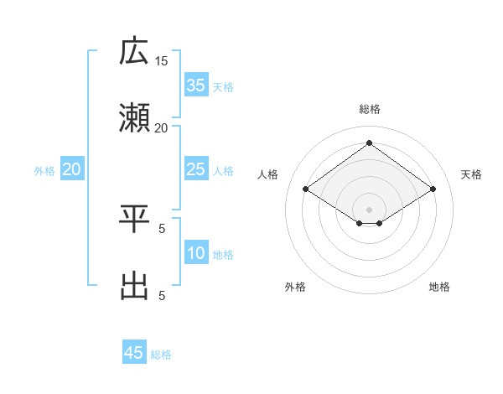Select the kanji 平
(x=134, y=220)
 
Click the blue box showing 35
(x=196, y=86)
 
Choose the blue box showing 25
(x=196, y=170)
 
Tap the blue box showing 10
(x=196, y=254)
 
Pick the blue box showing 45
(x=134, y=353)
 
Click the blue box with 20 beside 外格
(x=72, y=170)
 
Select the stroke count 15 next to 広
(x=162, y=60)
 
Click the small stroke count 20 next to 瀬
(x=162, y=127)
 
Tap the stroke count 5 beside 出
(x=162, y=295)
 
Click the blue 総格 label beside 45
(x=161, y=355)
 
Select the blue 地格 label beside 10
(x=223, y=255)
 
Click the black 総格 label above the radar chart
(x=370, y=109)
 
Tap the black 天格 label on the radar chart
(x=471, y=174)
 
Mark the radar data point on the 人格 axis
(x=306, y=189)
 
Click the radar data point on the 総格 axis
(x=370, y=143)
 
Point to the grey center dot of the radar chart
(x=370, y=208)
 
